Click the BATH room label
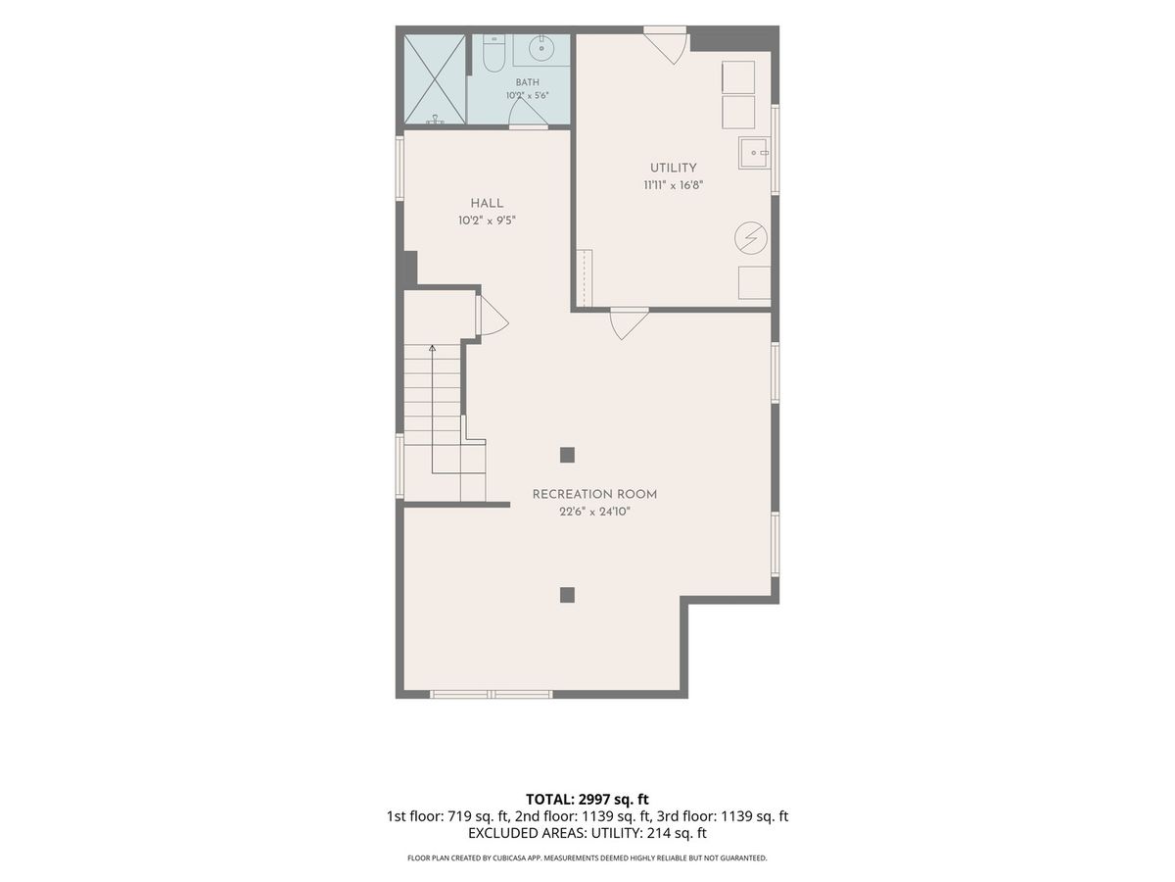[x=527, y=82]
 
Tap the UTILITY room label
[x=673, y=168]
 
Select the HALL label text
[x=487, y=204]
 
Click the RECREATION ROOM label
[x=594, y=494]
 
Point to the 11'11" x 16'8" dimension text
[x=673, y=185]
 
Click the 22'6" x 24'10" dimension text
[x=594, y=512]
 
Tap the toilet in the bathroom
[x=493, y=54]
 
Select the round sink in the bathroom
[x=541, y=49]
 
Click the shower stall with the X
[x=435, y=79]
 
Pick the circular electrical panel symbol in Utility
[x=750, y=238]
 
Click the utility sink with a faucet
[x=754, y=153]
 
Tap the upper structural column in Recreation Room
[x=567, y=455]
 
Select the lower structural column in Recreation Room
[x=567, y=595]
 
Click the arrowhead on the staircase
[x=432, y=349]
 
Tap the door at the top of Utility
[x=665, y=45]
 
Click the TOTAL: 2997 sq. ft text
[x=587, y=800]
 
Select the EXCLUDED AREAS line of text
[x=587, y=833]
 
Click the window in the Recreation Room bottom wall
[x=491, y=695]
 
